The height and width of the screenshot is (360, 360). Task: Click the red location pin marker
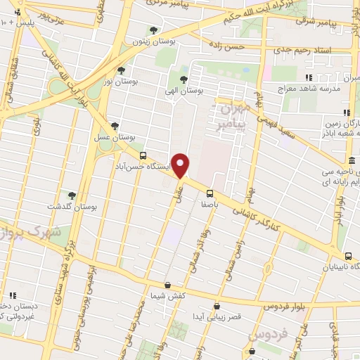click(181, 165)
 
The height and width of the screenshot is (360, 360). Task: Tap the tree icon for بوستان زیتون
click(153, 30)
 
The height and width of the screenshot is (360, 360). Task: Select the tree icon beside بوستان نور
click(121, 70)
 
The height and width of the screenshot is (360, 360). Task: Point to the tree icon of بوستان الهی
click(184, 79)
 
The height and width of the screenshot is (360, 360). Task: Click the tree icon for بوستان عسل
click(114, 126)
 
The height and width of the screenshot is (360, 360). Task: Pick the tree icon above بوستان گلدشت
click(72, 195)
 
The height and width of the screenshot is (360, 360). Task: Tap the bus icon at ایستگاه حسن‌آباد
click(143, 155)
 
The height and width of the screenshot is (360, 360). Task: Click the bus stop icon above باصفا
click(210, 193)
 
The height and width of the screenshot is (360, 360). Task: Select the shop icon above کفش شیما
click(167, 285)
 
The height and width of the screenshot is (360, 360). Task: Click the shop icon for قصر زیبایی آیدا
click(217, 306)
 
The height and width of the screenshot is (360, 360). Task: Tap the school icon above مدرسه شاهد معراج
click(307, 78)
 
